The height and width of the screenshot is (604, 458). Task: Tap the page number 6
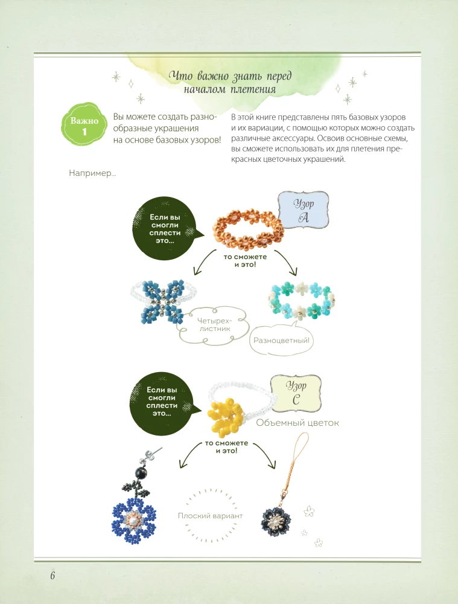point(53,575)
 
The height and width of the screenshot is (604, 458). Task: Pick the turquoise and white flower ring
point(301,300)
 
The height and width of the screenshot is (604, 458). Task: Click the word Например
point(92,174)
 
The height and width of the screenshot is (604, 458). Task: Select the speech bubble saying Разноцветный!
point(282,341)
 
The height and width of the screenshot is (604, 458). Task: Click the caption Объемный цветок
point(297,423)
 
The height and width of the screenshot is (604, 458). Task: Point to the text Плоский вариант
point(210,516)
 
